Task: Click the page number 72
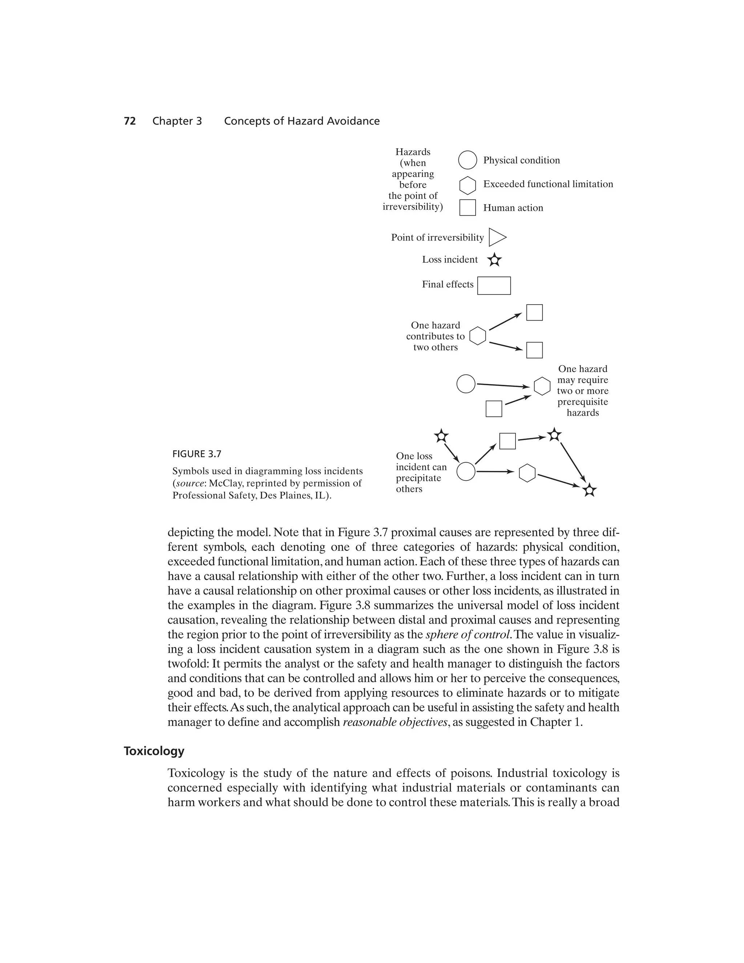(130, 121)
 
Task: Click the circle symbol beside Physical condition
(467, 160)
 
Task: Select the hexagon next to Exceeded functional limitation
(467, 186)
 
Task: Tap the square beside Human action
(467, 207)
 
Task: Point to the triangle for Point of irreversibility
(497, 238)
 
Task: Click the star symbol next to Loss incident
(494, 260)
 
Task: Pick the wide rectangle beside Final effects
(494, 286)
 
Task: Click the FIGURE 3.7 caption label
(197, 454)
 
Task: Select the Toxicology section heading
(154, 751)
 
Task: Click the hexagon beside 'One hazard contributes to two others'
(477, 336)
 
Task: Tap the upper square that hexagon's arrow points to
(534, 313)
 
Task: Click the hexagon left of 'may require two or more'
(542, 387)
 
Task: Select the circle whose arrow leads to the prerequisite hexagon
(465, 384)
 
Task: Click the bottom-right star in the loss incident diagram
(589, 490)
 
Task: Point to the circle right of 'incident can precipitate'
(465, 472)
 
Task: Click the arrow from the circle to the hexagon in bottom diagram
(494, 472)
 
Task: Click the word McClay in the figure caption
(223, 483)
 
